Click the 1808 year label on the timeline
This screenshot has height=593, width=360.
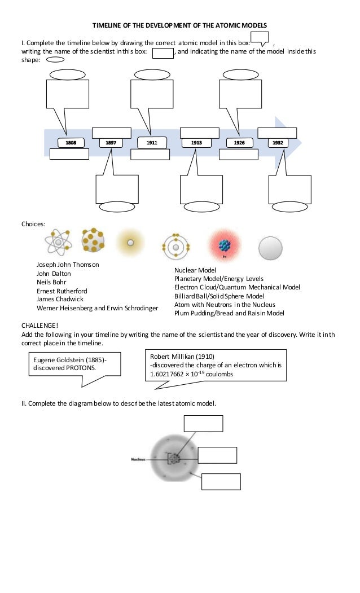[71, 143]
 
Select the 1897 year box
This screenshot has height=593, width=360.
[111, 143]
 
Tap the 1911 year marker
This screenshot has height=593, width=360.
[152, 143]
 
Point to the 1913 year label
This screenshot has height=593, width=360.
[196, 143]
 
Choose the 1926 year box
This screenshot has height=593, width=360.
[239, 143]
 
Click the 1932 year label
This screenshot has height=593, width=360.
[278, 143]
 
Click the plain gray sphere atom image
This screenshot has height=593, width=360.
[270, 247]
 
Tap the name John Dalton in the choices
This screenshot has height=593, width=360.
[54, 274]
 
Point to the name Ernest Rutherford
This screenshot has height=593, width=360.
[62, 291]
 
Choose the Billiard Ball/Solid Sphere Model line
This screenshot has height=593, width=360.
[219, 296]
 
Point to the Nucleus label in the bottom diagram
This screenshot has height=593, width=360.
[138, 460]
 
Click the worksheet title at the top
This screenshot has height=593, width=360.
[179, 25]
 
